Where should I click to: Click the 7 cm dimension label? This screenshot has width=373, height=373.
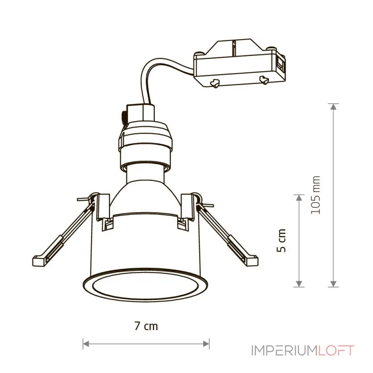(x=146, y=326)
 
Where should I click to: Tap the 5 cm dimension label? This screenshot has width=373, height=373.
(x=281, y=241)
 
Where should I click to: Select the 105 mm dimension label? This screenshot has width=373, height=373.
(x=316, y=195)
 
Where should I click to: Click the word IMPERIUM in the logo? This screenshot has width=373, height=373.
(x=284, y=351)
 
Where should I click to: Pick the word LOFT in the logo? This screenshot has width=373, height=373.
(x=336, y=351)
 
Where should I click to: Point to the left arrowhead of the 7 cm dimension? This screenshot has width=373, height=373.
(x=86, y=344)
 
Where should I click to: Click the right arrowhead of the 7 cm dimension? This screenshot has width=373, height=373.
(x=206, y=344)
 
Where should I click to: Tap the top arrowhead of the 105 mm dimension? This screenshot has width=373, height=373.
(x=333, y=107)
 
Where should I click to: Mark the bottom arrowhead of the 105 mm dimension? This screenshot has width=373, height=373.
(x=333, y=284)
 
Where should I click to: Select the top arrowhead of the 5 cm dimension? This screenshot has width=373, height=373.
(x=299, y=198)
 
